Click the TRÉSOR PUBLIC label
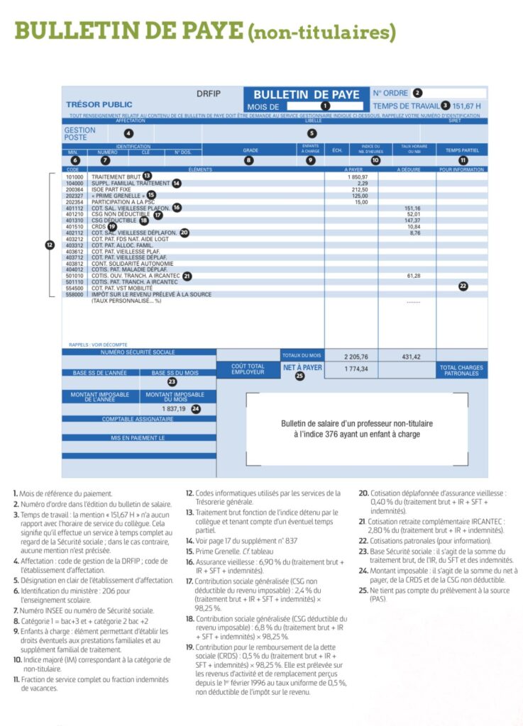tap(99, 105)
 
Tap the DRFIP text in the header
tap(209, 94)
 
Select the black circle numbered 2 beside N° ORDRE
tap(417, 92)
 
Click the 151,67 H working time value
tap(466, 106)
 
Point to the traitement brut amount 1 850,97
tap(358, 176)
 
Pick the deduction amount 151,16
tap(414, 208)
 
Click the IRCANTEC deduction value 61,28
tap(414, 275)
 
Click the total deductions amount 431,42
tap(411, 356)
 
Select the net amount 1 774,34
tap(356, 369)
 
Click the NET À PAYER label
tap(302, 367)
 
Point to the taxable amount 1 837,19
tap(173, 409)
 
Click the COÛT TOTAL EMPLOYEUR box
tap(248, 369)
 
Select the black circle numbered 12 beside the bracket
tap(49, 245)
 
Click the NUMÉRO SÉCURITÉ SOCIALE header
tap(138, 352)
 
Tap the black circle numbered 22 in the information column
tap(463, 286)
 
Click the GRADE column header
tap(251, 150)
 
